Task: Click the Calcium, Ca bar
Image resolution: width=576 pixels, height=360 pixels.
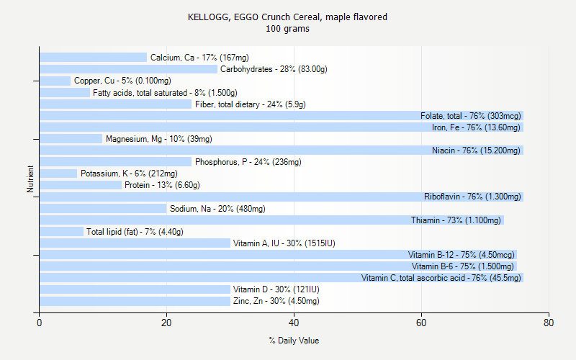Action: pyautogui.click(x=93, y=58)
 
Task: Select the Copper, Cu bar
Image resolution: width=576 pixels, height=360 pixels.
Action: pyautogui.click(x=55, y=81)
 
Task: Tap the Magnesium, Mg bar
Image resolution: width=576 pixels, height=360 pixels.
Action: pyautogui.click(x=71, y=139)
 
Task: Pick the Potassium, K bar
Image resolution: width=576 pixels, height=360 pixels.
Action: pyautogui.click(x=58, y=174)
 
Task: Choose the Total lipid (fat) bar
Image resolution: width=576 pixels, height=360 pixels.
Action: pyautogui.click(x=61, y=232)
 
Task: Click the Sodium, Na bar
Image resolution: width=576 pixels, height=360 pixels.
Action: pyautogui.click(x=103, y=209)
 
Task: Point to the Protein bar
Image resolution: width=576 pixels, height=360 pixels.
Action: pyautogui.click(x=81, y=185)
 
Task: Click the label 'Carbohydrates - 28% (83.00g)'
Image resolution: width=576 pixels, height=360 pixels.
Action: pyautogui.click(x=274, y=69)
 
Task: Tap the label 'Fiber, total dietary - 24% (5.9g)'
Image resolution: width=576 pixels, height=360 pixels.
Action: pyautogui.click(x=250, y=104)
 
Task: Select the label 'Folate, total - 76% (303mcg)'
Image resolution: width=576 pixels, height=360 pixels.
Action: pyautogui.click(x=470, y=116)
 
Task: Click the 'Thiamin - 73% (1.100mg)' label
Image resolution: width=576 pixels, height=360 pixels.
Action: pyautogui.click(x=456, y=220)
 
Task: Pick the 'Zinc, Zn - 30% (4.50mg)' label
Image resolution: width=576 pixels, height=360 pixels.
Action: pyautogui.click(x=276, y=301)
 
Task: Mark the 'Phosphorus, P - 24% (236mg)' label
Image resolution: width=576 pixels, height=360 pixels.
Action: pyautogui.click(x=248, y=162)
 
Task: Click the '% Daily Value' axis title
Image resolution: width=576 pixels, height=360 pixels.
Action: pyautogui.click(x=294, y=341)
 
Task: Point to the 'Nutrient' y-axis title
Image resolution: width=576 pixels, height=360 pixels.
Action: pyautogui.click(x=30, y=179)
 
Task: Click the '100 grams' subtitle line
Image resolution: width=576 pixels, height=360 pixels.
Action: pyautogui.click(x=287, y=29)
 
